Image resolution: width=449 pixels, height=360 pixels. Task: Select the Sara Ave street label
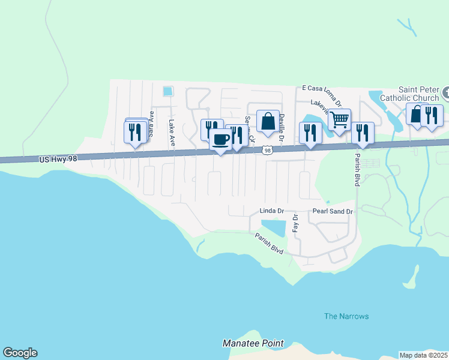pos(152,124)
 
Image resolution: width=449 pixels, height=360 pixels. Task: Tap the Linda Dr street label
pos(271,211)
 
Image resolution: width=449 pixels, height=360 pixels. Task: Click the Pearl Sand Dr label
pos(333,211)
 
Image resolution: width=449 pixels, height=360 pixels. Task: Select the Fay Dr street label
pos(295,223)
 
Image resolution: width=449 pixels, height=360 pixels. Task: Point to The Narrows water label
pos(346,316)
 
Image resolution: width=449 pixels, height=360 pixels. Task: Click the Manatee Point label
pos(253,343)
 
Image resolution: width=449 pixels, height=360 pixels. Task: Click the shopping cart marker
pos(339,119)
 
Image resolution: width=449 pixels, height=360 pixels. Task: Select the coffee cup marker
pos(220,139)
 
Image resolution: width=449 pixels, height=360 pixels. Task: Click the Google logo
pos(20,353)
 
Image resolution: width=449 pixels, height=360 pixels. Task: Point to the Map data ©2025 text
pos(423,355)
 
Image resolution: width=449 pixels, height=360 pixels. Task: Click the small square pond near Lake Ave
pos(167,92)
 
